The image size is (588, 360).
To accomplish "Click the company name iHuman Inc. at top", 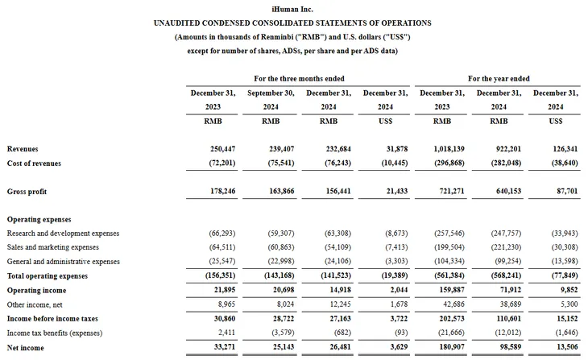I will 292,8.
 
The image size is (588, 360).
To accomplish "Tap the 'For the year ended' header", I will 499,78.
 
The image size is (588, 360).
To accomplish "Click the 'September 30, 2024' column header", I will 270,100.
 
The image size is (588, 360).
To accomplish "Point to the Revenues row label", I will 23,149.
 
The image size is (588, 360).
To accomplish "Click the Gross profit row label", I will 27,192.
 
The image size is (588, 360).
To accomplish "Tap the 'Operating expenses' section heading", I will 39,219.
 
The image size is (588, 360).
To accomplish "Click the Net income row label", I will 26,348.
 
